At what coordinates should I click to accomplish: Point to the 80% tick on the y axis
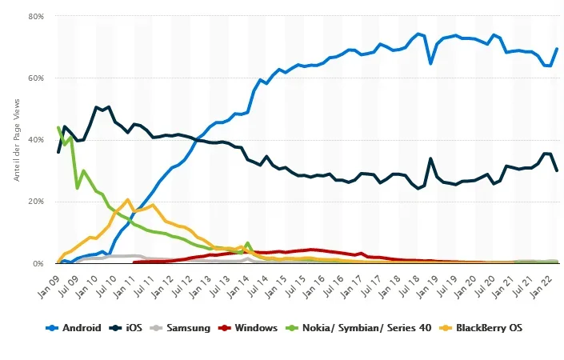tap(36, 16)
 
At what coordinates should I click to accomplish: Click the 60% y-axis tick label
tap(36, 78)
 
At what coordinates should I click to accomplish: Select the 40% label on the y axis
tap(36, 139)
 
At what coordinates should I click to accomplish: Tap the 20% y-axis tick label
tap(36, 201)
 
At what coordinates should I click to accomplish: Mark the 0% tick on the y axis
tap(38, 263)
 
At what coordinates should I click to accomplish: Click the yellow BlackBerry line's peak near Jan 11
tap(128, 199)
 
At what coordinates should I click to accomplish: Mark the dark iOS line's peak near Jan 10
tap(97, 107)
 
